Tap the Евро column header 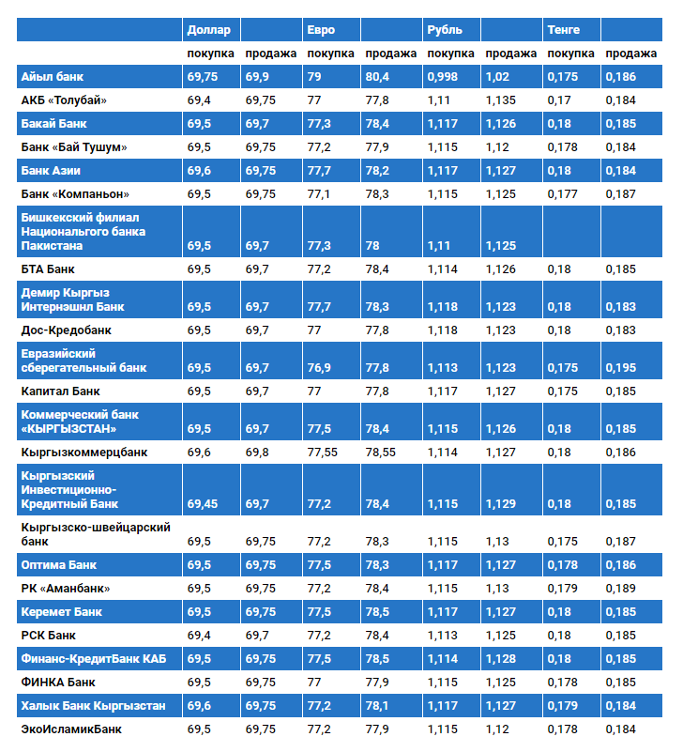click(x=318, y=30)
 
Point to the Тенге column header click(x=564, y=30)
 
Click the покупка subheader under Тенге click(x=570, y=54)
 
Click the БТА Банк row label click(x=48, y=269)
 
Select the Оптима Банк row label click(x=59, y=565)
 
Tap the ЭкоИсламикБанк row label click(x=71, y=729)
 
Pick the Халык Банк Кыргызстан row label click(x=94, y=705)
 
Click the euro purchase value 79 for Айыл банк click(x=314, y=77)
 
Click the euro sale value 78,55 click(x=381, y=453)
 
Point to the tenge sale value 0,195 click(x=620, y=368)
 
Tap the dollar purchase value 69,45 click(x=203, y=504)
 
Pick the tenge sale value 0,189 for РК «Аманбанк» click(x=620, y=589)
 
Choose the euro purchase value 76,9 click(x=318, y=368)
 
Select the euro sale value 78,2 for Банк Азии click(x=378, y=171)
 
